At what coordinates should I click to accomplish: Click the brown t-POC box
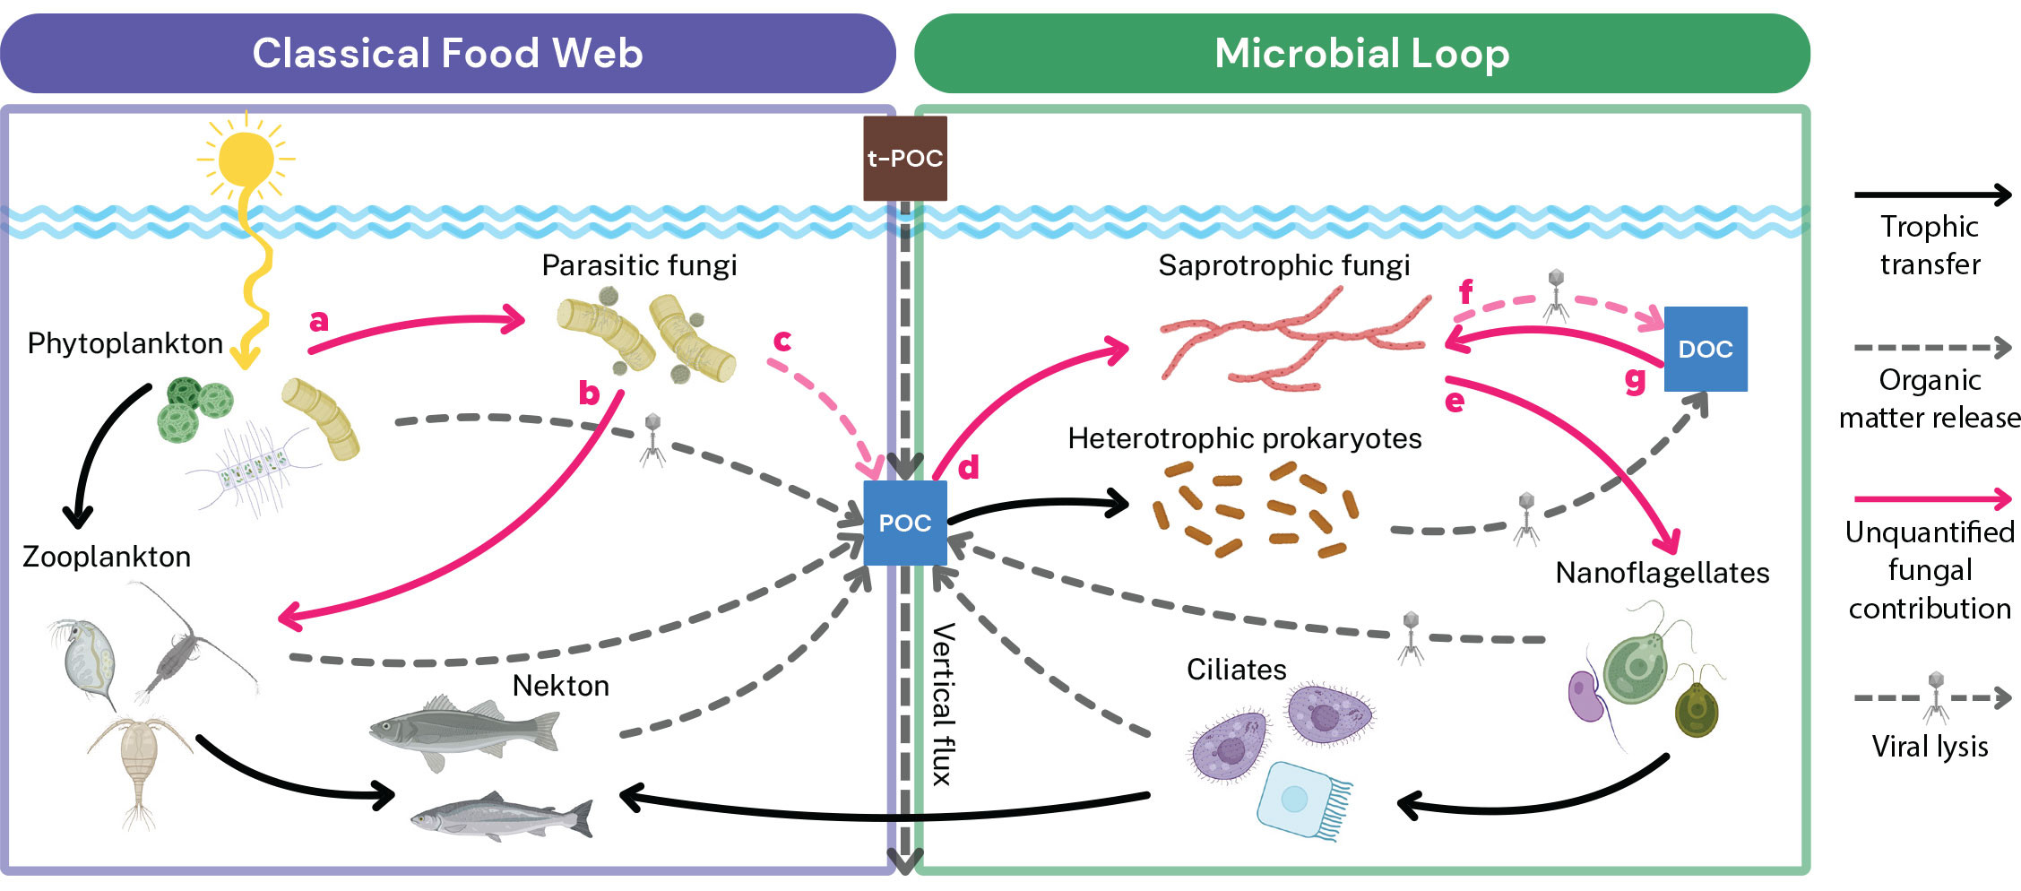904,158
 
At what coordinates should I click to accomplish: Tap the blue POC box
904,523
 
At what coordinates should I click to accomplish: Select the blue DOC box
1705,349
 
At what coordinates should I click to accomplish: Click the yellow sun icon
246,159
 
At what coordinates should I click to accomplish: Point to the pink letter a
318,320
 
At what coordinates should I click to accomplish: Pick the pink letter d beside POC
968,467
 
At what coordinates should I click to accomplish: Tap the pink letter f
1465,291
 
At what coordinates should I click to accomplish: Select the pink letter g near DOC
1635,380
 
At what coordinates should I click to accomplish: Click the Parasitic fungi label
639,265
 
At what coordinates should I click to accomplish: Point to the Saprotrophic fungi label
1283,265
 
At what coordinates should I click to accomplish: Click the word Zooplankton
107,557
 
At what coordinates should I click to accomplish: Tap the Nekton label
560,686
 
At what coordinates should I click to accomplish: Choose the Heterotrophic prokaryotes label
1244,438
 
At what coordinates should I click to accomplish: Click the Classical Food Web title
447,53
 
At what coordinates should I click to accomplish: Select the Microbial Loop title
1361,53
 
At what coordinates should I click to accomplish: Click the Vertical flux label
942,705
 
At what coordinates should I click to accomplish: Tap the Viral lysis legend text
1930,747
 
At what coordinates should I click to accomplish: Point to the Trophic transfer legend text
1930,246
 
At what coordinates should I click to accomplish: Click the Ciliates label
1236,670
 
